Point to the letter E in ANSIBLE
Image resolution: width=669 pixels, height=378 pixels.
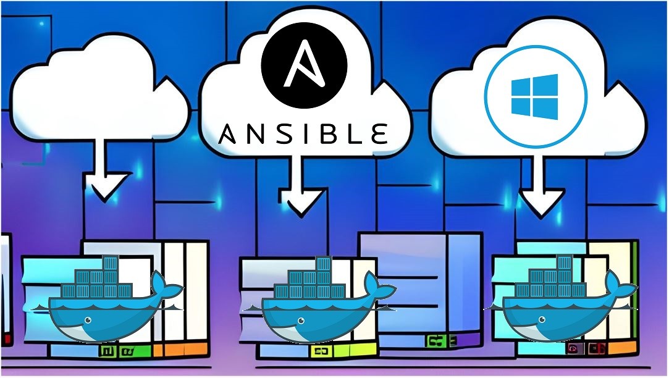tap(379, 133)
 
